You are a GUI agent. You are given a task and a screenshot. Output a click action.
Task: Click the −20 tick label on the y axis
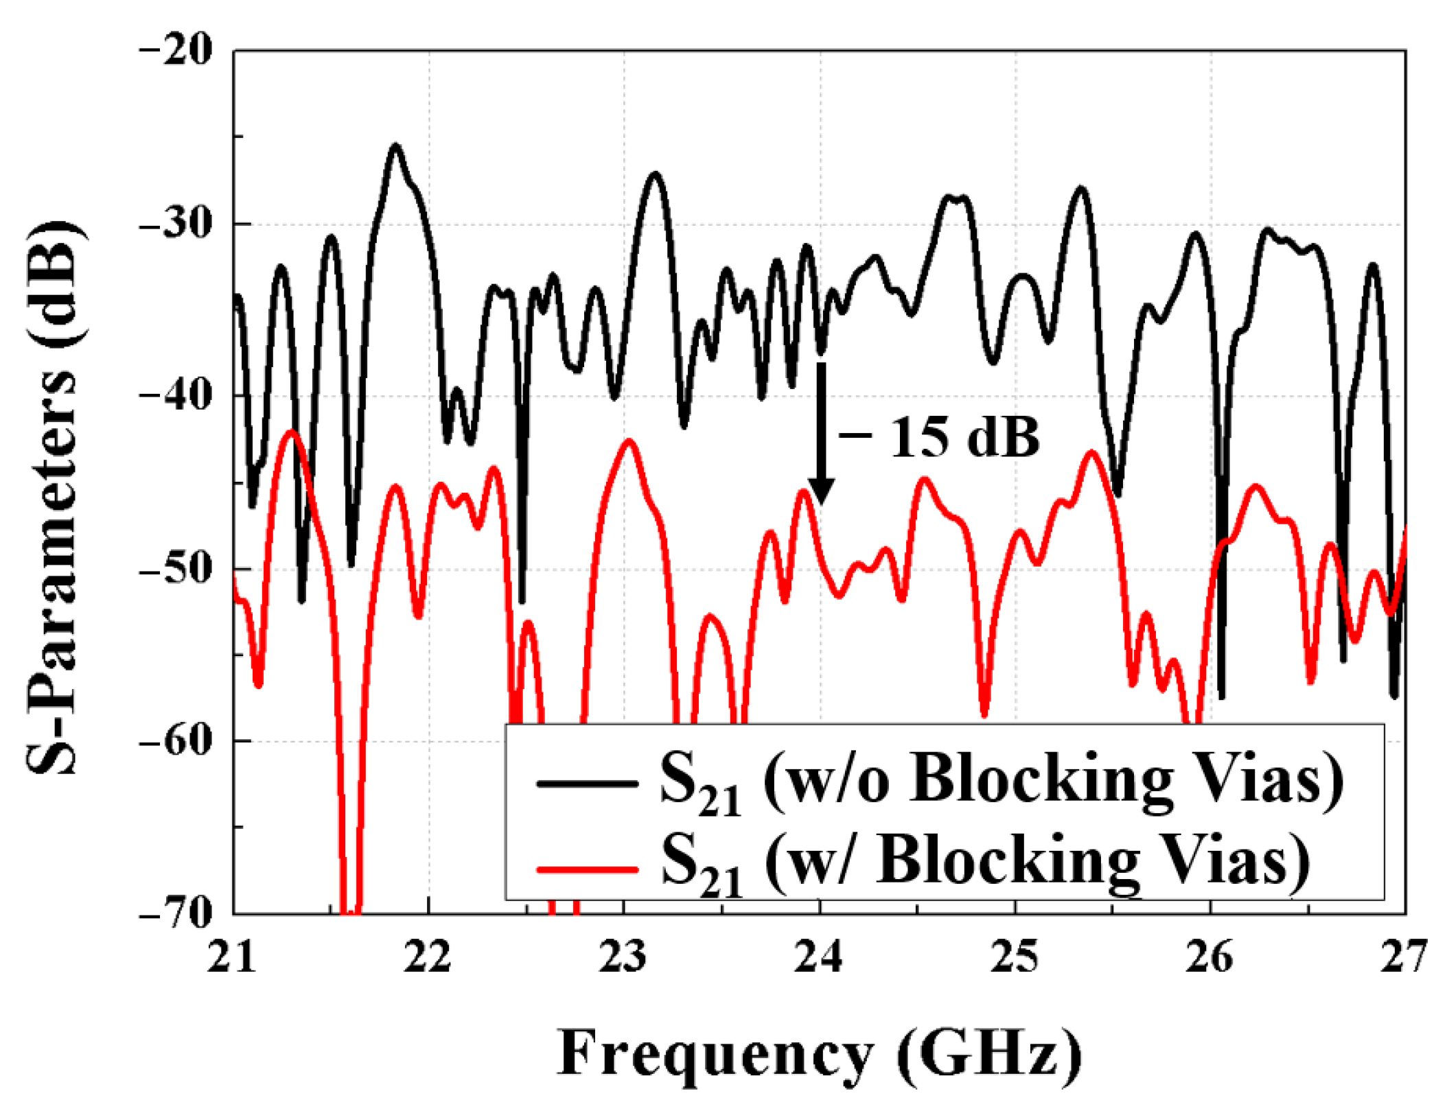pos(176,52)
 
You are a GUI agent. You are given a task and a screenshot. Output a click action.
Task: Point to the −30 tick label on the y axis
pos(176,224)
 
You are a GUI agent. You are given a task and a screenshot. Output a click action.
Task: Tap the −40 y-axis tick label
pos(176,396)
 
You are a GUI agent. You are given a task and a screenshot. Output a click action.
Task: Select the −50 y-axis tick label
pos(176,569)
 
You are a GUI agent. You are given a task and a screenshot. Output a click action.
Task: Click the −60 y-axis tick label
pos(176,741)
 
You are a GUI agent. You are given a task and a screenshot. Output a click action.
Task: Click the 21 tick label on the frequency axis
pos(232,956)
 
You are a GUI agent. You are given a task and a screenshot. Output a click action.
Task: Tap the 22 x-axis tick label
pos(428,956)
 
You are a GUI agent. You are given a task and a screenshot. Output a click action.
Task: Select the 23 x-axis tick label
pos(623,956)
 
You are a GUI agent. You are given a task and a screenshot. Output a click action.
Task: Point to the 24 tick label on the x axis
pos(819,956)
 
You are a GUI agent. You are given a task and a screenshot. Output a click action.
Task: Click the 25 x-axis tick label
pos(1015,956)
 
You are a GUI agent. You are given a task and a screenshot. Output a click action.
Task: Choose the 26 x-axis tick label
pos(1210,956)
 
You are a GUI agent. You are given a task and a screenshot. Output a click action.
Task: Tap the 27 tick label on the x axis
pos(1404,956)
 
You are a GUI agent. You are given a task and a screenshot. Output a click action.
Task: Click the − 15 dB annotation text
pos(940,437)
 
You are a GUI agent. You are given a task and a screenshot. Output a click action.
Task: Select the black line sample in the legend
pos(587,783)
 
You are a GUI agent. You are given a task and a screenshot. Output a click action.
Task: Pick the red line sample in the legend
pos(587,869)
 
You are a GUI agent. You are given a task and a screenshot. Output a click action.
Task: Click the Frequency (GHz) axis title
pos(818,1053)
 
